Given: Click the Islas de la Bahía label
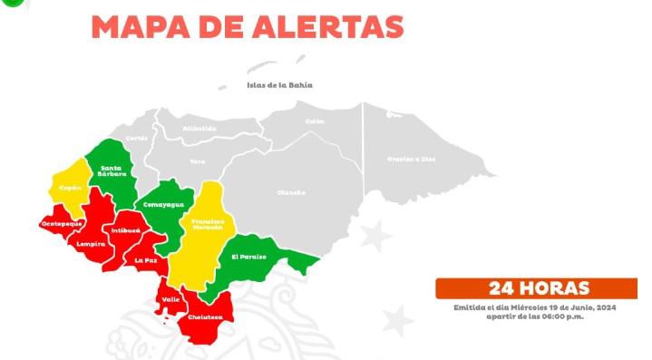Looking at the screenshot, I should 279,84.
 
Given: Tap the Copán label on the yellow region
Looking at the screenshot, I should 71,188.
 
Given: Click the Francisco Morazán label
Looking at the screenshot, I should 207,223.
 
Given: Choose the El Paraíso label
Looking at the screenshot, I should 249,257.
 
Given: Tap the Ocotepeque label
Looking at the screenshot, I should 62,222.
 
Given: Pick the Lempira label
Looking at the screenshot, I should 91,243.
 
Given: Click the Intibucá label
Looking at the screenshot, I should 126,230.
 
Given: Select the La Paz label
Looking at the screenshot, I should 145,260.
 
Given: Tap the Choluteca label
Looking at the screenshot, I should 206,317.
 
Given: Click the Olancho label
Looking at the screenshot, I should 291,192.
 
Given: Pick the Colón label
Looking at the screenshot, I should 315,121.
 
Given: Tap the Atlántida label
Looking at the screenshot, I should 199,128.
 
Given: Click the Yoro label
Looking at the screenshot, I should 197,161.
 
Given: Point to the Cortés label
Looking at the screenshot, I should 137,138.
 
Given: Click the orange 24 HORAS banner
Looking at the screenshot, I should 537,288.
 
